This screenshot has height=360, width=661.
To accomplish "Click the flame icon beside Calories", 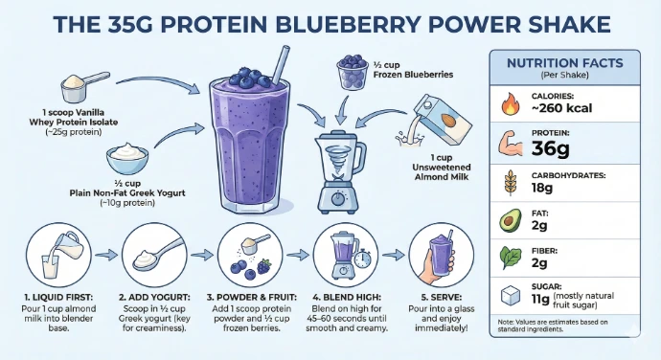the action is click(x=510, y=103).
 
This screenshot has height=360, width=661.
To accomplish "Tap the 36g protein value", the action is click(x=550, y=148).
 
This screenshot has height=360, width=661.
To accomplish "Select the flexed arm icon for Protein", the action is click(x=510, y=144).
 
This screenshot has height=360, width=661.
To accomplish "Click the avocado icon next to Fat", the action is click(x=510, y=221).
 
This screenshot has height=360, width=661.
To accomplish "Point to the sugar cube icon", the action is click(x=510, y=296).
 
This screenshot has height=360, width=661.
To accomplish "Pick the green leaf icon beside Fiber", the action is click(x=510, y=258).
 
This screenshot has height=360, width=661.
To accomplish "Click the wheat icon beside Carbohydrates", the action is click(x=511, y=183).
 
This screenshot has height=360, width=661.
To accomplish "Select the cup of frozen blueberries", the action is click(x=353, y=72).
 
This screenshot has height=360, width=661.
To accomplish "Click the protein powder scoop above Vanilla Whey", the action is click(x=84, y=87).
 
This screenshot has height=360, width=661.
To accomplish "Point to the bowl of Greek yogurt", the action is click(x=127, y=158).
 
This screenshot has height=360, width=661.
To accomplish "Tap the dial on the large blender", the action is click(x=338, y=199).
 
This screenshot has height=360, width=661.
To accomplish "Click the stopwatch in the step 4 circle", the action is click(x=363, y=259).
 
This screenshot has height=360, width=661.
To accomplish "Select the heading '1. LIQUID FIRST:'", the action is click(x=58, y=297).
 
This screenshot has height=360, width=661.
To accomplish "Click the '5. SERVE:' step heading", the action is click(x=442, y=297).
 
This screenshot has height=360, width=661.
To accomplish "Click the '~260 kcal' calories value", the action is click(x=561, y=108).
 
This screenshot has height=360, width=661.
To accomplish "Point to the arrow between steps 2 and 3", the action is click(x=202, y=255).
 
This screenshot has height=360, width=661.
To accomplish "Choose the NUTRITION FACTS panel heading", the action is click(x=565, y=63).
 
